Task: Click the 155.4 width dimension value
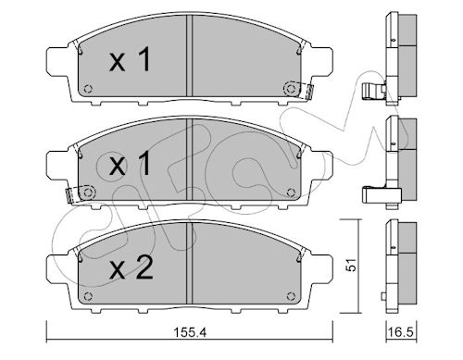[190, 332]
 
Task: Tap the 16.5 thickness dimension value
[400, 332]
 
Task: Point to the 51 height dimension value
[351, 265]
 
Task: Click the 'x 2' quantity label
[131, 268]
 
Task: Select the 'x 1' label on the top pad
[130, 59]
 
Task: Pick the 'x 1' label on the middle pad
[130, 164]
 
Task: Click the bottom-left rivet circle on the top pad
[88, 89]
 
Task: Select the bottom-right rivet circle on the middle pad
[291, 192]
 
